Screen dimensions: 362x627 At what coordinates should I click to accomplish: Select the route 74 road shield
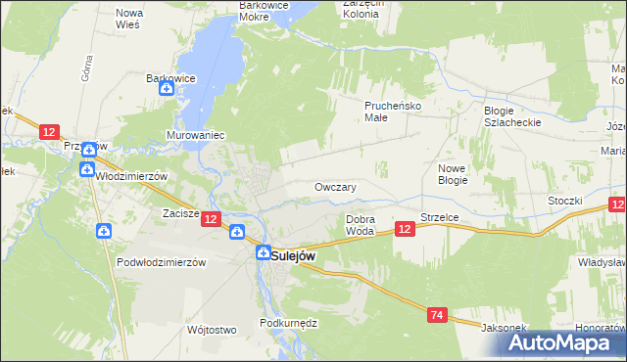click(x=438, y=314)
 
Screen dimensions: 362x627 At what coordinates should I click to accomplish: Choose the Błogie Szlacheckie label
click(x=512, y=116)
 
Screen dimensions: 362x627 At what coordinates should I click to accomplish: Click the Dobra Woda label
click(x=361, y=225)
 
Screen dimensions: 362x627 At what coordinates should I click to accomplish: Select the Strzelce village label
click(x=440, y=216)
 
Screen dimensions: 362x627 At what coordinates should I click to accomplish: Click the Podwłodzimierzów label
click(x=161, y=262)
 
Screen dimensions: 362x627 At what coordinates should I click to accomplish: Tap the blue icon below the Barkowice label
click(x=167, y=90)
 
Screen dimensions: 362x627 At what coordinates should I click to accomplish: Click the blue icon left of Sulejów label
click(x=263, y=252)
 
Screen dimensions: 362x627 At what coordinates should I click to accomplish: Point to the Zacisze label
click(x=181, y=212)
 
